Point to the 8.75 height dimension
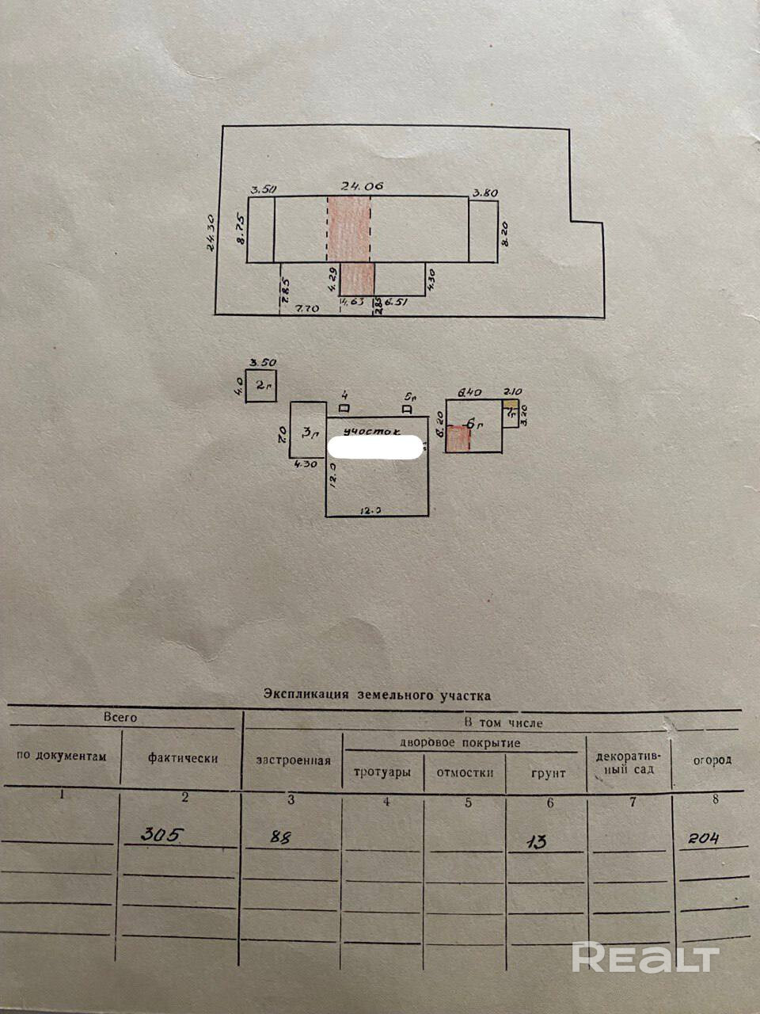point(241,230)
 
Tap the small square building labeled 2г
point(260,386)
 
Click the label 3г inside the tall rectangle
point(310,433)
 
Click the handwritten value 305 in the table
point(163,834)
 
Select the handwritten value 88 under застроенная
point(279,837)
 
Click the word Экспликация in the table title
point(308,695)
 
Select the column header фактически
point(182,757)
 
